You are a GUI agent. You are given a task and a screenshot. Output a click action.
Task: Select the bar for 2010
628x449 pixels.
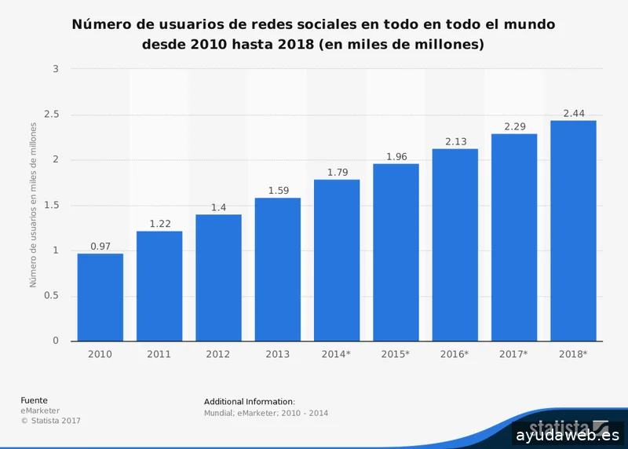click(x=100, y=297)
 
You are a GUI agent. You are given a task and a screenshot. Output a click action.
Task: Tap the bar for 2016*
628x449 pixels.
click(x=455, y=244)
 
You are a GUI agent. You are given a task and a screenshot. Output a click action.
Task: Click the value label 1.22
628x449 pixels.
click(x=159, y=224)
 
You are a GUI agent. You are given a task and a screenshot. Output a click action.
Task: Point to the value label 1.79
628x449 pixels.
click(x=337, y=172)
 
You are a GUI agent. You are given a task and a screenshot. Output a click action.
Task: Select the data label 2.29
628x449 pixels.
click(x=514, y=126)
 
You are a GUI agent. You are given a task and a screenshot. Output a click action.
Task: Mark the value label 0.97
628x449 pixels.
click(x=100, y=246)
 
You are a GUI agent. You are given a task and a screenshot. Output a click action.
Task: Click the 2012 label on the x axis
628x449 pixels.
click(x=218, y=354)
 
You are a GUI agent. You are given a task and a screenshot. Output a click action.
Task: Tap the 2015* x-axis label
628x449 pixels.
click(x=396, y=354)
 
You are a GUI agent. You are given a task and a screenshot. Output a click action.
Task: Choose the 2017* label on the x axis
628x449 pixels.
click(x=514, y=354)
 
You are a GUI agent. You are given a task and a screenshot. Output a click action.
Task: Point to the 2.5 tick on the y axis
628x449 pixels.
click(x=51, y=115)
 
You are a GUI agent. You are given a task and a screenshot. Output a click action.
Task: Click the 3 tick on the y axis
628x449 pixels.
click(x=56, y=69)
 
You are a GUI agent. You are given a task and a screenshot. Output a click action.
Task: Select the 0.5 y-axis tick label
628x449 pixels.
click(x=51, y=296)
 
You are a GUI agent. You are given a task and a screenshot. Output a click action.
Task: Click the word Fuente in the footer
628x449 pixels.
click(x=34, y=400)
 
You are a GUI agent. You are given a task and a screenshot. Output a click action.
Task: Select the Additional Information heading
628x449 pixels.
click(x=249, y=402)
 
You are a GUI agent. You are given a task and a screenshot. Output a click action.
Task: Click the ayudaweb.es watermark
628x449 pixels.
click(x=568, y=434)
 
